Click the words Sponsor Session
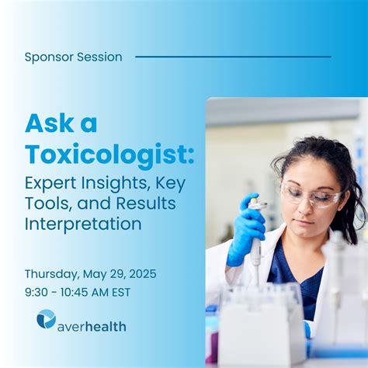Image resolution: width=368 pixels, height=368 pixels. pyautogui.click(x=73, y=57)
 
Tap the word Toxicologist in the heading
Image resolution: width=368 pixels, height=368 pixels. pyautogui.click(x=109, y=153)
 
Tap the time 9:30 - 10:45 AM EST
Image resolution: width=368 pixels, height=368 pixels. pyautogui.click(x=78, y=292)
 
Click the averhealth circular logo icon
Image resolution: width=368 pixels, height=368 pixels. pyautogui.click(x=46, y=318)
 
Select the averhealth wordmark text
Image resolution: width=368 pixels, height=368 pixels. pyautogui.click(x=92, y=326)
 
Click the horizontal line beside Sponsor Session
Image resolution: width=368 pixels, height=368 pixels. pyautogui.click(x=233, y=57)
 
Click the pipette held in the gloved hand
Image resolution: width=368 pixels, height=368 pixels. pyautogui.click(x=255, y=248)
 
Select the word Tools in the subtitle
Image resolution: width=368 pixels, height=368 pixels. pyautogui.click(x=46, y=204)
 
